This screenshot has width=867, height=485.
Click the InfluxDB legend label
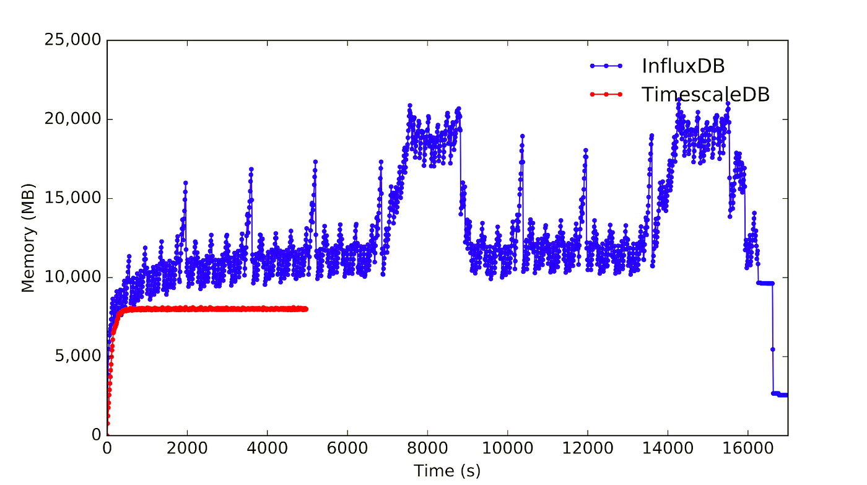[683, 66]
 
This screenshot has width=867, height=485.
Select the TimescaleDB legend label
[705, 94]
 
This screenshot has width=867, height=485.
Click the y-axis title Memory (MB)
[28, 237]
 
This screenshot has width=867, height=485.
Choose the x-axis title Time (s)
[447, 470]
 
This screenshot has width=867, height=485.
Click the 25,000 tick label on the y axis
[72, 41]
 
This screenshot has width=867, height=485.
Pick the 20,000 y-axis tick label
[72, 120]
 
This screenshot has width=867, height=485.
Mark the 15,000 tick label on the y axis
[72, 199]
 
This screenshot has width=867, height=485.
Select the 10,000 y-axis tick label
[72, 277]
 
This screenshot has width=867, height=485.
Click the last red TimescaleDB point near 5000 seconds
[306, 309]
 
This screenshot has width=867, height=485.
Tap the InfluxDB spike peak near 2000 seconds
[185, 183]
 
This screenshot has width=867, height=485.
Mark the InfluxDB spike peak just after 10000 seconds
[523, 136]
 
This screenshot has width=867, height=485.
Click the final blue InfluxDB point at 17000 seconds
[786, 395]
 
